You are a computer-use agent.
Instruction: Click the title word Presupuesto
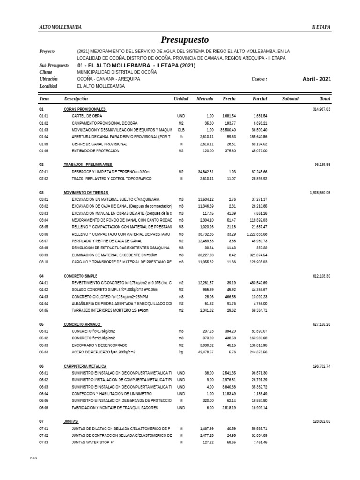coord(185,40)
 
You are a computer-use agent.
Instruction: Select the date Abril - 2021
coord(317,79)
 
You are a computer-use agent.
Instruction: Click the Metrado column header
coord(205,99)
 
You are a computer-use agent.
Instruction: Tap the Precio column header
coord(229,99)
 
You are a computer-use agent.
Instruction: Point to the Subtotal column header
coord(290,99)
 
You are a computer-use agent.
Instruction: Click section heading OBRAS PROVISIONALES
coord(85,109)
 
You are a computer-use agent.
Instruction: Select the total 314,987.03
coord(321,109)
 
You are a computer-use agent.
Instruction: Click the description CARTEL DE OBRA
coord(87,116)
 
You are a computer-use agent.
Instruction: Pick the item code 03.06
coord(44,234)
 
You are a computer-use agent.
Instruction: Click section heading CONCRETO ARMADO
coord(82,324)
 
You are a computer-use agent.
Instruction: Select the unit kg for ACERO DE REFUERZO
coord(181,352)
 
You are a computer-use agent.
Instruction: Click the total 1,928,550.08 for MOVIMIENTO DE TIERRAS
coord(320,193)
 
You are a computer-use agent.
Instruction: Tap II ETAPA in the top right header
coord(321,27)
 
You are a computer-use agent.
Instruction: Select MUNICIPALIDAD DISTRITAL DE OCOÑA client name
coord(117,72)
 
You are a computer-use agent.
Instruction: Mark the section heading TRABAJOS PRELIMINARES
coord(88,165)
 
